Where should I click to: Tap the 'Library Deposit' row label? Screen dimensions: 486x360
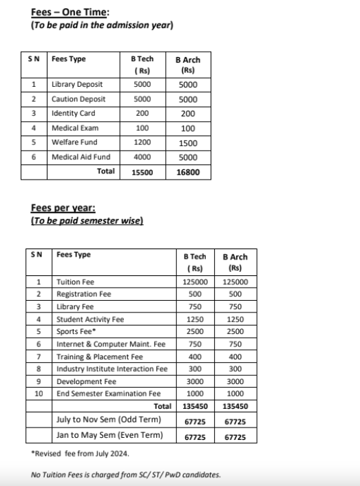pyautogui.click(x=77, y=85)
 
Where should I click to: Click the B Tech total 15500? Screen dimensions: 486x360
pyautogui.click(x=142, y=171)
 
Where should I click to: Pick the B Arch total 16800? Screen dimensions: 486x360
pyautogui.click(x=188, y=171)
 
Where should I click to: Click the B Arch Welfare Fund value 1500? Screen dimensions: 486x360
pyautogui.click(x=188, y=142)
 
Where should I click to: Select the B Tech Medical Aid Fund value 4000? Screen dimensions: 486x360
pyautogui.click(x=142, y=157)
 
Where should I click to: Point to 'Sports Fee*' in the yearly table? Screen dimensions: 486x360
pyautogui.click(x=75, y=331)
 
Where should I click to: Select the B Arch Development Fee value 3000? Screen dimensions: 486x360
pyautogui.click(x=235, y=381)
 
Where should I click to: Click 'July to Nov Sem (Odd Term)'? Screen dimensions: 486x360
pyautogui.click(x=109, y=419)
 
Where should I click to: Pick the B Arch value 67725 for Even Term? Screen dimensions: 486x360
pyautogui.click(x=235, y=436)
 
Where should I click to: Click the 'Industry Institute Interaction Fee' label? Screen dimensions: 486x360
pyautogui.click(x=112, y=368)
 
